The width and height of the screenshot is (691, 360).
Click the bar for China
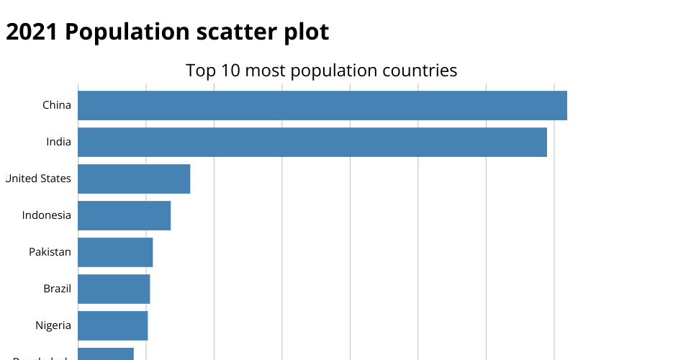322,105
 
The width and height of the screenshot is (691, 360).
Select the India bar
312,142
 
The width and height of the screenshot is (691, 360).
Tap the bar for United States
134,179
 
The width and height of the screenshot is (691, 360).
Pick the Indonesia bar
124,215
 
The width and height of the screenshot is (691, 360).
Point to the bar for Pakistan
115,252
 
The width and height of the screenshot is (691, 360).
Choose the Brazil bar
114,289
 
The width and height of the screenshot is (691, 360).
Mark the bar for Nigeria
112,325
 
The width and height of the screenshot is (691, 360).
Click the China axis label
57,105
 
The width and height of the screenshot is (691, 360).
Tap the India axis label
58,142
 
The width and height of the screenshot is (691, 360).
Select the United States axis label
38,179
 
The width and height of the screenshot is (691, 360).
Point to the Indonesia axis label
47,215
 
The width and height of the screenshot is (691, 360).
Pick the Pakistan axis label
50,252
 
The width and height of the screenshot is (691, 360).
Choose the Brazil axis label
57,289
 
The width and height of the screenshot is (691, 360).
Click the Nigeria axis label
53,325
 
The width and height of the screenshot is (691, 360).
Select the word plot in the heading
305,32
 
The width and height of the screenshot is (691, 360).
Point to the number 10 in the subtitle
228,71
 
